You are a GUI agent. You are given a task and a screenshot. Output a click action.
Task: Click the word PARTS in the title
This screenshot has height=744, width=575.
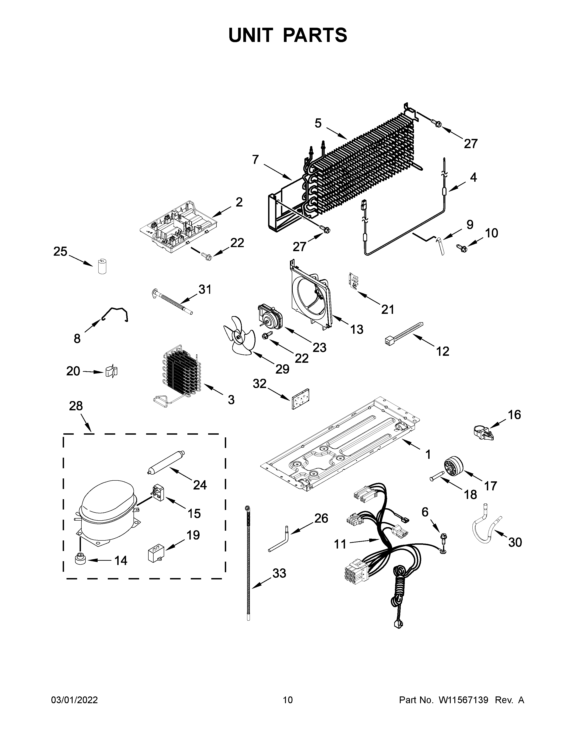click(315, 35)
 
